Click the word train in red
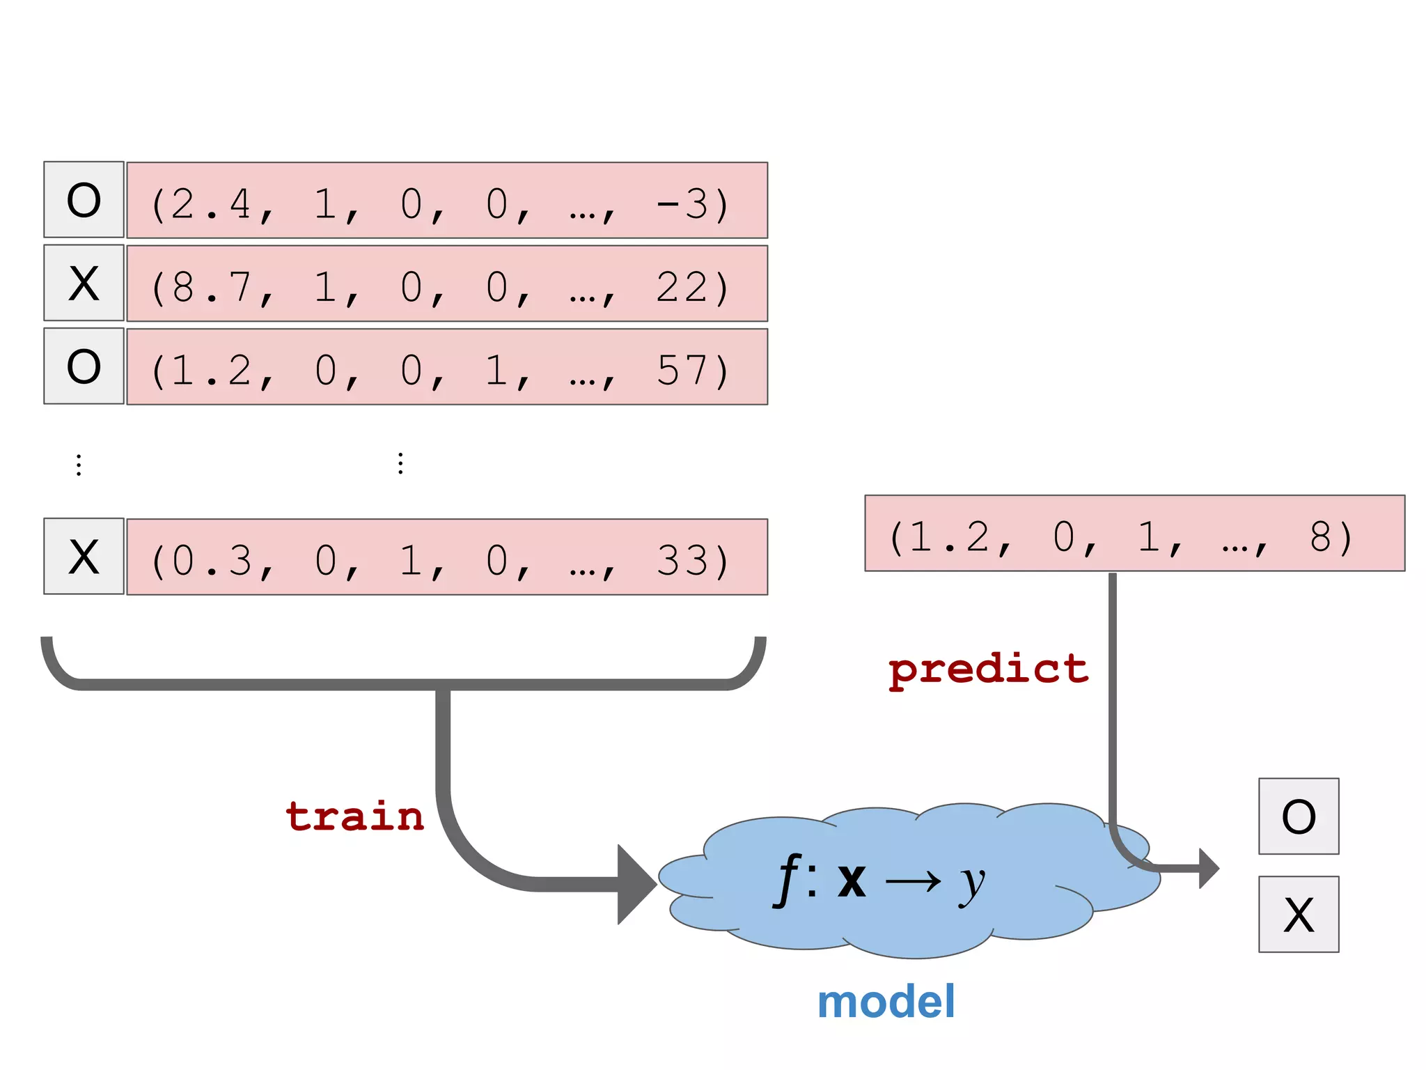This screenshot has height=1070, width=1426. coord(354,816)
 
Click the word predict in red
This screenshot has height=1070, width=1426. coord(988,670)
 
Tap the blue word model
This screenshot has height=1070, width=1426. coord(886,1002)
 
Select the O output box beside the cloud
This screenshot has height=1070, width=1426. coord(1298,816)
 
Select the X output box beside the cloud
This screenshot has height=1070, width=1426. coord(1298,914)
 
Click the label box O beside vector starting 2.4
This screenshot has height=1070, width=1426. coord(84,200)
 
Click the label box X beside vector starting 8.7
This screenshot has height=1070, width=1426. coord(84,283)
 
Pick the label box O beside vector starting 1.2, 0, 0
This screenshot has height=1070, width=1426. coord(84,366)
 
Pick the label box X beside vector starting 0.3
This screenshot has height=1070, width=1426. coord(84,556)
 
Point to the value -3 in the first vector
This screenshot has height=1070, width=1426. coord(682,204)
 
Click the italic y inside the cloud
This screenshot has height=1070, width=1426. coord(972,883)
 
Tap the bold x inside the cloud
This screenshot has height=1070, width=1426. coord(852,881)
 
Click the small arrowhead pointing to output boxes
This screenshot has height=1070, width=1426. coord(1208,868)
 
